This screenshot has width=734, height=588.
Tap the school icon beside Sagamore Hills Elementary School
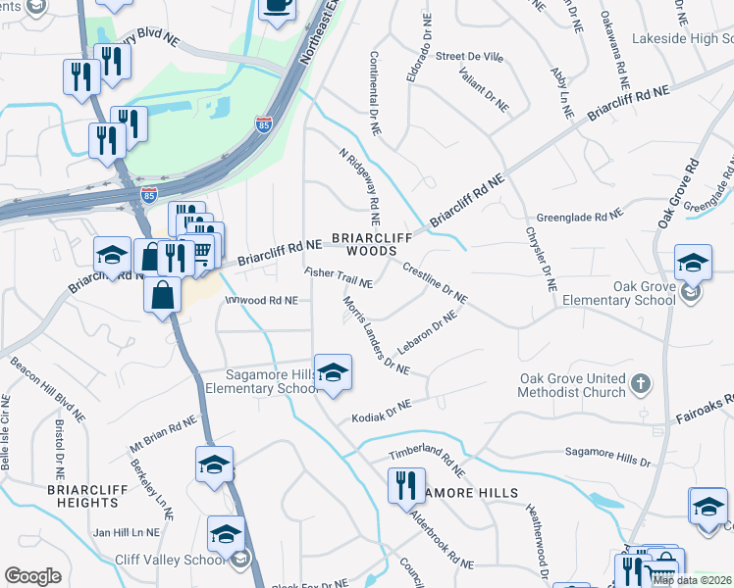(x=334, y=373)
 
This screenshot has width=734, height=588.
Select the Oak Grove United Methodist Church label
(x=573, y=385)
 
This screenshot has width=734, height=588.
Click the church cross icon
(x=640, y=384)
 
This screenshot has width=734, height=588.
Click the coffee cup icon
(x=278, y=7)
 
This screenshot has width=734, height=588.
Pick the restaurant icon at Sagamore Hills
(x=401, y=484)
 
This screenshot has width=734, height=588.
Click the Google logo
(x=32, y=575)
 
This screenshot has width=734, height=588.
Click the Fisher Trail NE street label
(x=339, y=277)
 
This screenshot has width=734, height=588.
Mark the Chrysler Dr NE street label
(x=542, y=260)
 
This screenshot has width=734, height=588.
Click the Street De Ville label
(x=469, y=58)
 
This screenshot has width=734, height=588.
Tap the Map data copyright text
(x=692, y=580)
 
